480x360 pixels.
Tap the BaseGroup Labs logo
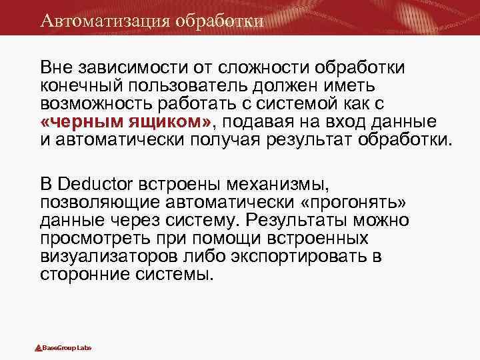[63, 348]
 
